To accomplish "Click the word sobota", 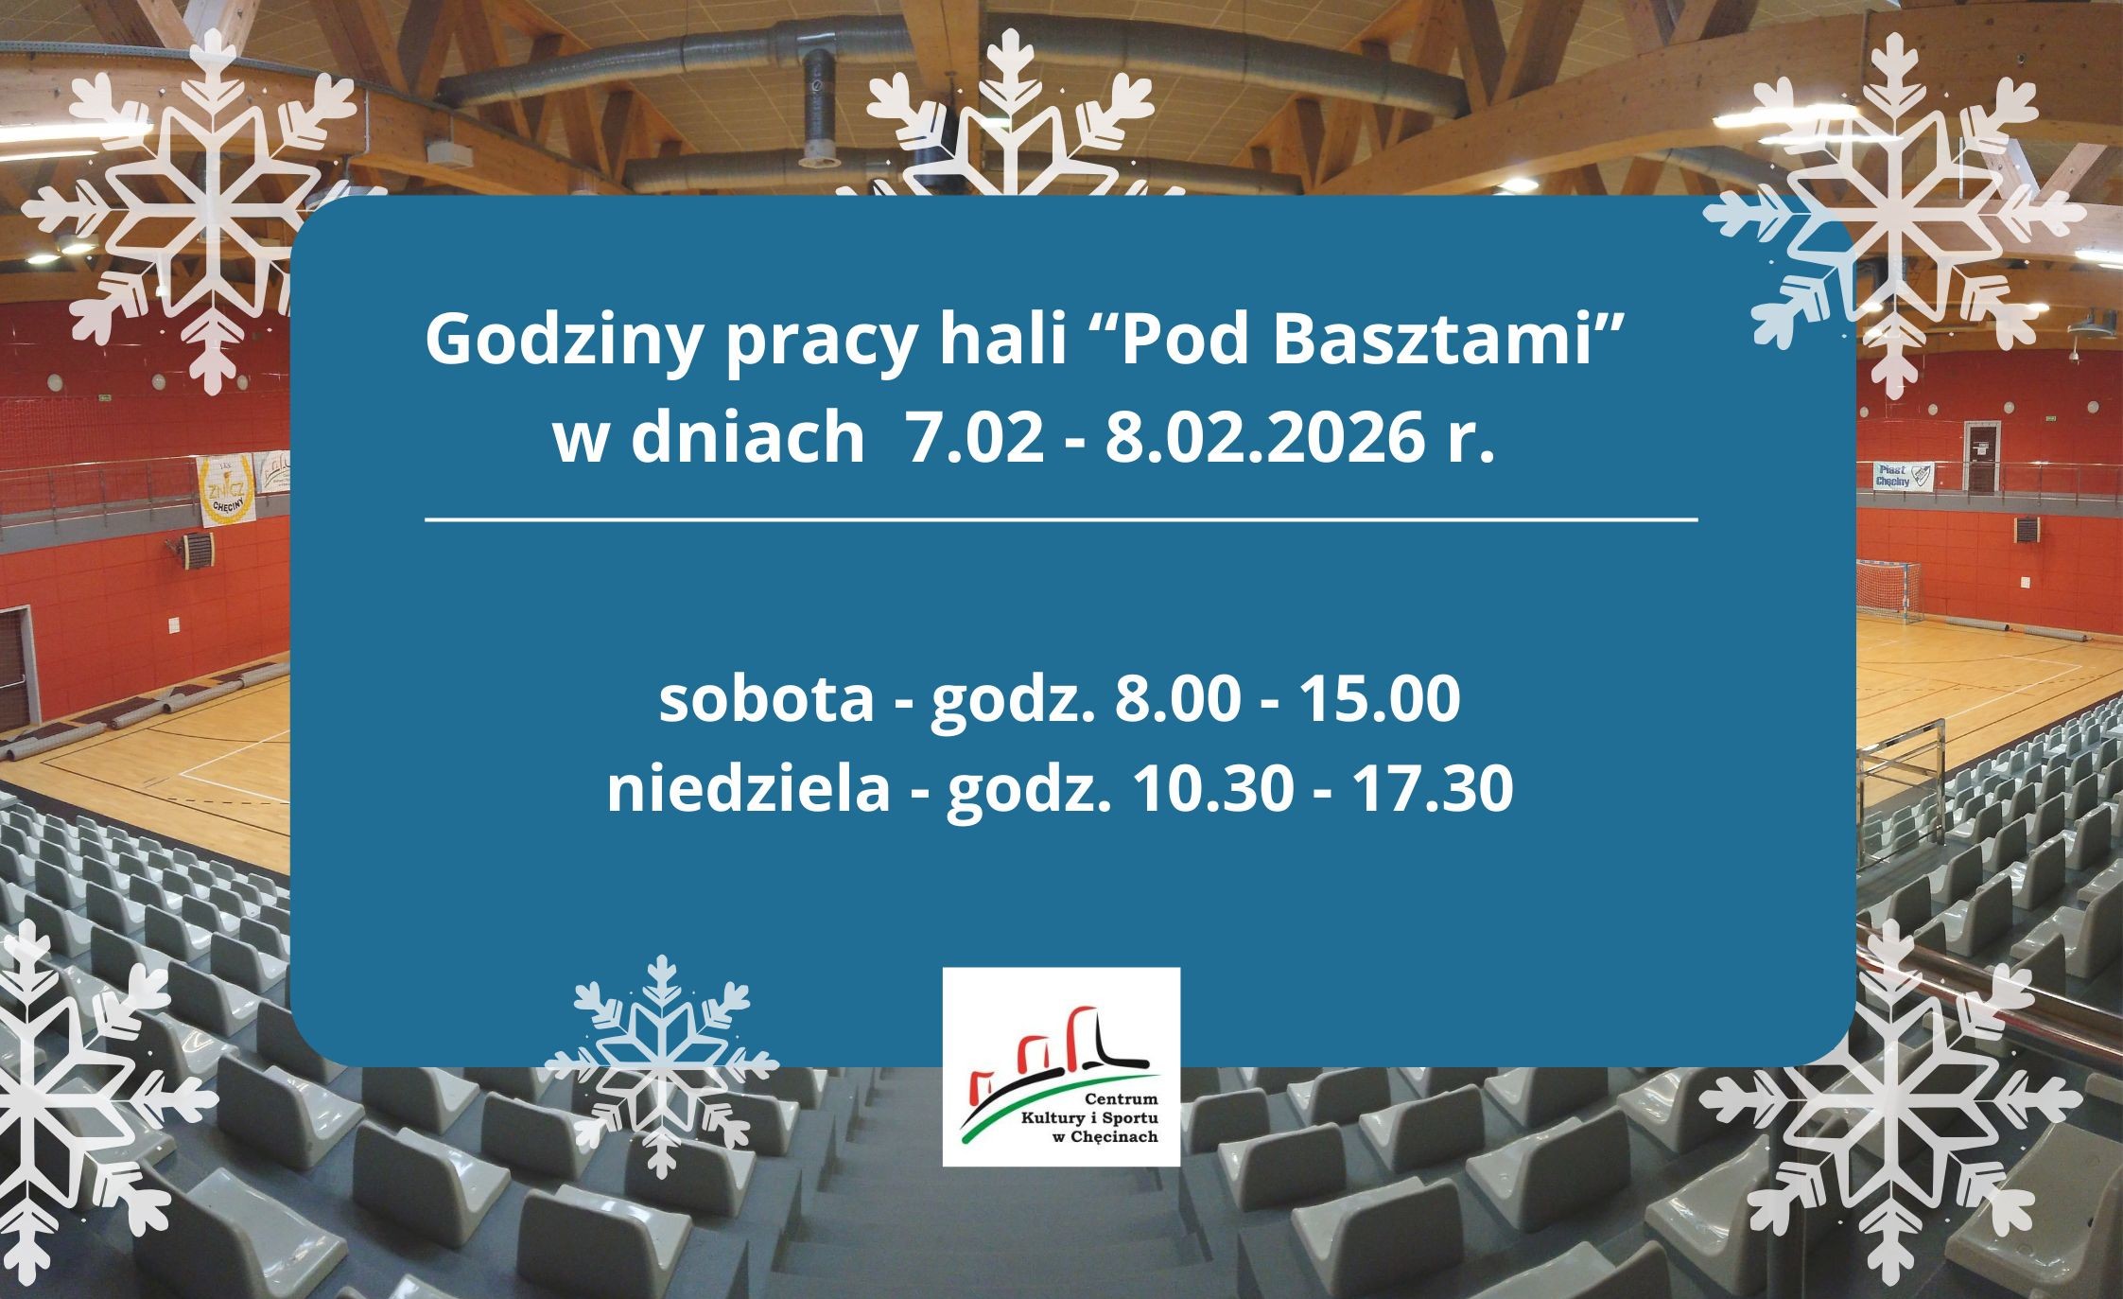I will [767, 702].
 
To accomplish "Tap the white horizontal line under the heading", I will [1061, 519].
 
